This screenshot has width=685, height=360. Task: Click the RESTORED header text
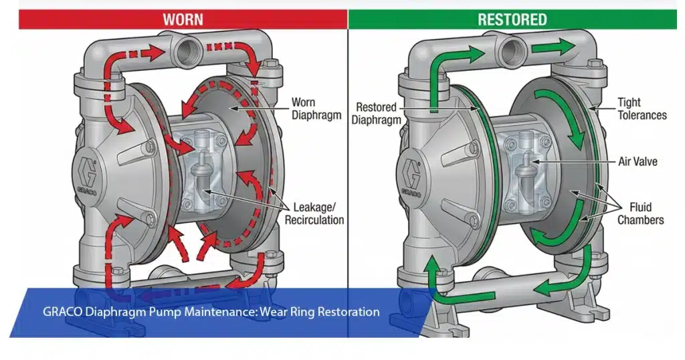click(512, 19)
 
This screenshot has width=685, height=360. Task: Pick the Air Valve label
click(637, 161)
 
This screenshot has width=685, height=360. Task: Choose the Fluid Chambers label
click(639, 213)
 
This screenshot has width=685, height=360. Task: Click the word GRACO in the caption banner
click(62, 312)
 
